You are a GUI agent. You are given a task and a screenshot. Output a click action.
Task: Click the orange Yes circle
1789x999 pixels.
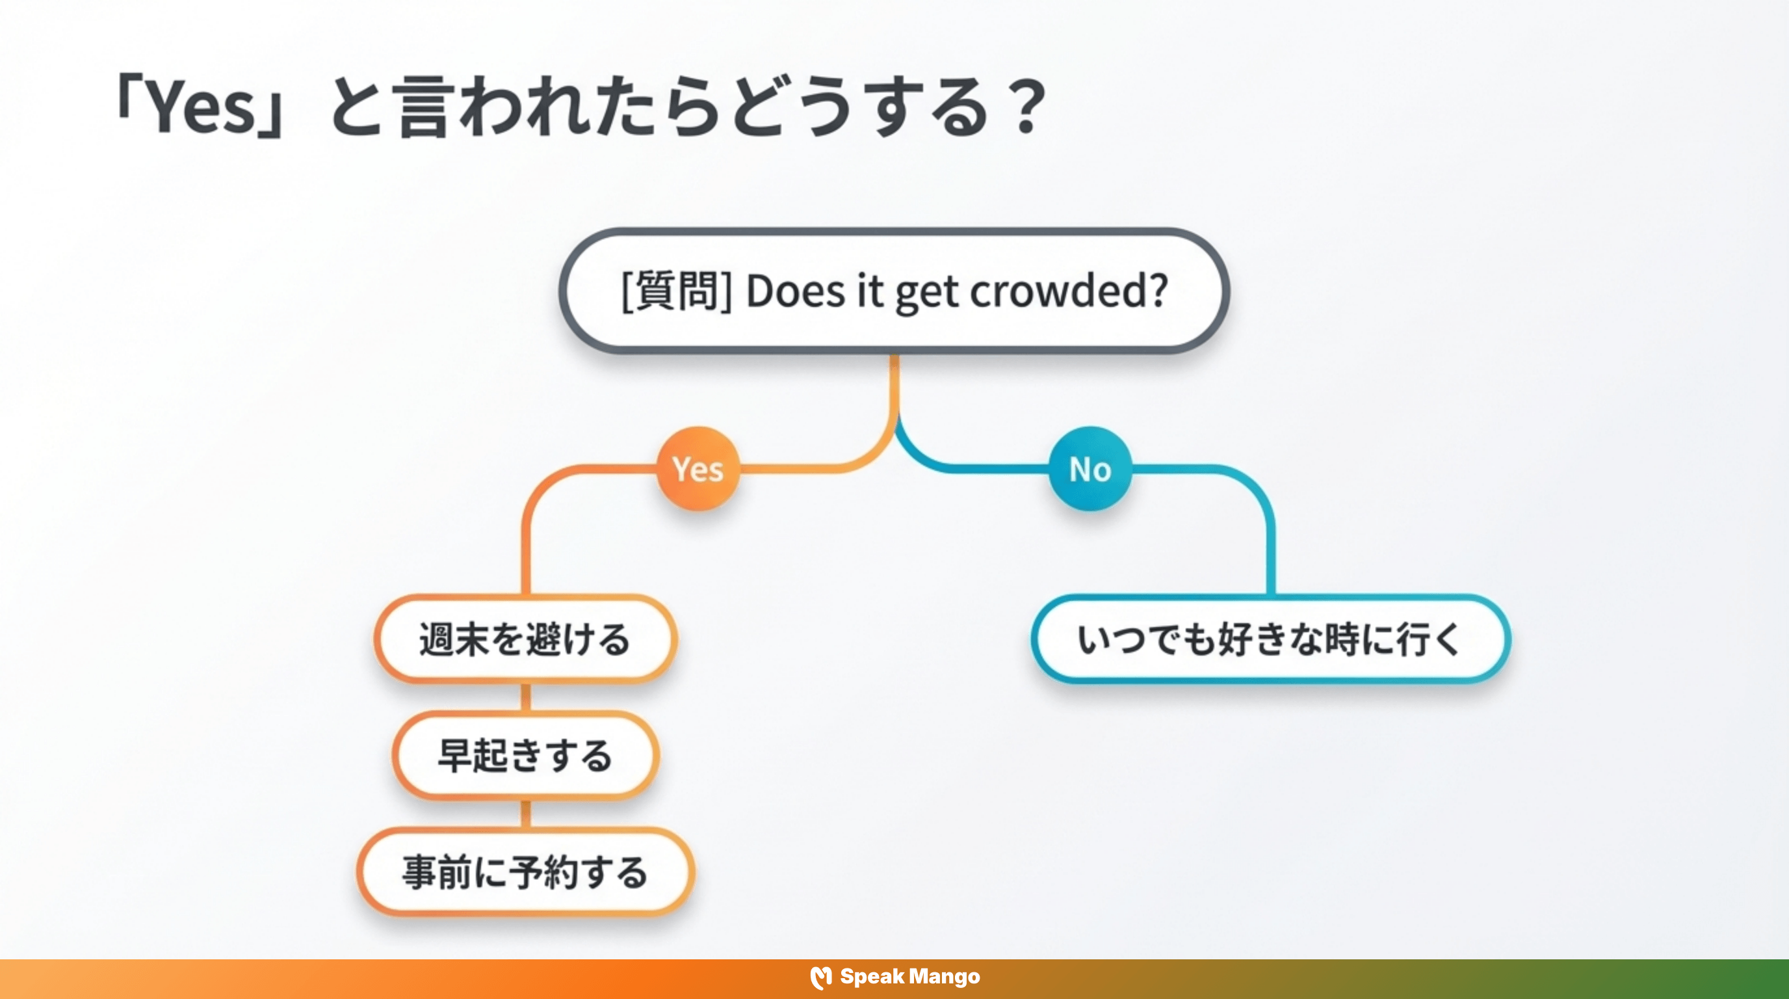tap(698, 469)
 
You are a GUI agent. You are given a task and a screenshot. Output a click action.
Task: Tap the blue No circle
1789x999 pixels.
tap(1090, 469)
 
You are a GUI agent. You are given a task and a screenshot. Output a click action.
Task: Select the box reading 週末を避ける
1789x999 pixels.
tap(526, 639)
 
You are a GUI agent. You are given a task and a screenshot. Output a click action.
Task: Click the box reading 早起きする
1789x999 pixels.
tap(526, 755)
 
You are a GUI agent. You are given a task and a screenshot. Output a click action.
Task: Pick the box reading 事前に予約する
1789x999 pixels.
tap(526, 872)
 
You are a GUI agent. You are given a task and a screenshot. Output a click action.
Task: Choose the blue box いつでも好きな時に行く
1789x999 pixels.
tap(1270, 639)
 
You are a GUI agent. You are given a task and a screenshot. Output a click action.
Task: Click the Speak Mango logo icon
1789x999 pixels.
tap(821, 978)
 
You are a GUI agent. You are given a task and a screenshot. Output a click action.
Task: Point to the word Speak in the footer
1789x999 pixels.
tap(871, 977)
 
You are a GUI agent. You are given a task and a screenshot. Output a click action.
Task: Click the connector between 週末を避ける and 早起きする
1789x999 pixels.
tap(526, 697)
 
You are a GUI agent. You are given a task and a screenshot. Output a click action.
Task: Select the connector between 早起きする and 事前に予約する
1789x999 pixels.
tap(526, 814)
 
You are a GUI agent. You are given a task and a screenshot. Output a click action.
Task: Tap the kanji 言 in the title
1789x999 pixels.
tap(423, 108)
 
